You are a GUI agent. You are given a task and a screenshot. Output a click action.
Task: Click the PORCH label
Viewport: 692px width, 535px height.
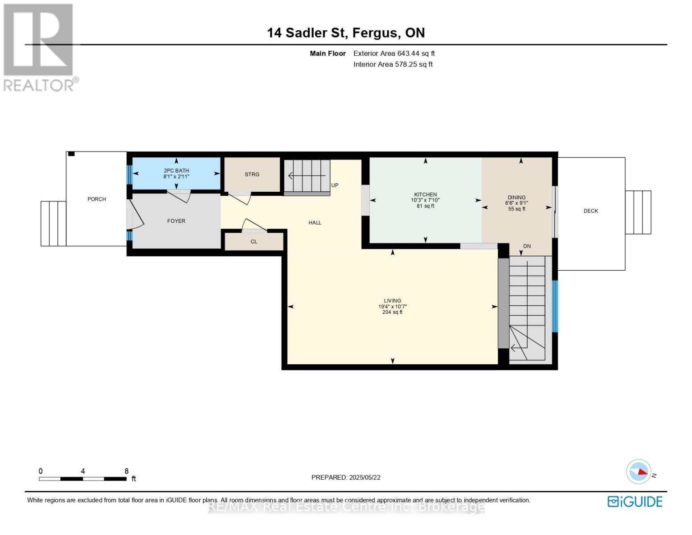(x=97, y=199)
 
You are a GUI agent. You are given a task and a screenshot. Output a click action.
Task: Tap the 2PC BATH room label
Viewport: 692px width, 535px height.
(x=176, y=171)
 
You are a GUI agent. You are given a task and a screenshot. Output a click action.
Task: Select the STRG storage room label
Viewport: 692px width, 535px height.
(x=252, y=174)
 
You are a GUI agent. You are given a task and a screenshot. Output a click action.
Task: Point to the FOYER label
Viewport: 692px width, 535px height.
(x=176, y=221)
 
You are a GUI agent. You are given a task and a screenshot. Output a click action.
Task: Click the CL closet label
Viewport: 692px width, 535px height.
(x=254, y=242)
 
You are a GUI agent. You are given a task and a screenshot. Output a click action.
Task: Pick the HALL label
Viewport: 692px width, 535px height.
(x=315, y=223)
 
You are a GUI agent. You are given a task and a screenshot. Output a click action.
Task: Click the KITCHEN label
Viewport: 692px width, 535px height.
(x=425, y=194)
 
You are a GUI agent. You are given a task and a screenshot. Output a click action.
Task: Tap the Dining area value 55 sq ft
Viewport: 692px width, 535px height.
(x=516, y=209)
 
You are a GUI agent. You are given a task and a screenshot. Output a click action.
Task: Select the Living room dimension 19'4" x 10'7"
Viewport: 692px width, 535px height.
(x=392, y=307)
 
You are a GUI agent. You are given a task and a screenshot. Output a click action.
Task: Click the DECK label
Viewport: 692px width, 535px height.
(x=591, y=211)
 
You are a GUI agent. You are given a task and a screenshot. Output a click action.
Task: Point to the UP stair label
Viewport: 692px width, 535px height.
(x=335, y=185)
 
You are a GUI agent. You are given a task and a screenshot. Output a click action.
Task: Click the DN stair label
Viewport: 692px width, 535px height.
(x=527, y=246)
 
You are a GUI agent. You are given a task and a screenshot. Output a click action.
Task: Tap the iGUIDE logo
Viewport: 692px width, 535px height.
(x=635, y=502)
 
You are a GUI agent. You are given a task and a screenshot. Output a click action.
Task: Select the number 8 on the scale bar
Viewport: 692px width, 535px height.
(x=127, y=471)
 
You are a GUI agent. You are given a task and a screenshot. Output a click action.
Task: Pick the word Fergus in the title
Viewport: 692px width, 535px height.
(x=377, y=33)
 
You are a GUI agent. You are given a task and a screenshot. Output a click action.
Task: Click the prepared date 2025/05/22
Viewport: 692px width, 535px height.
(x=364, y=477)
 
